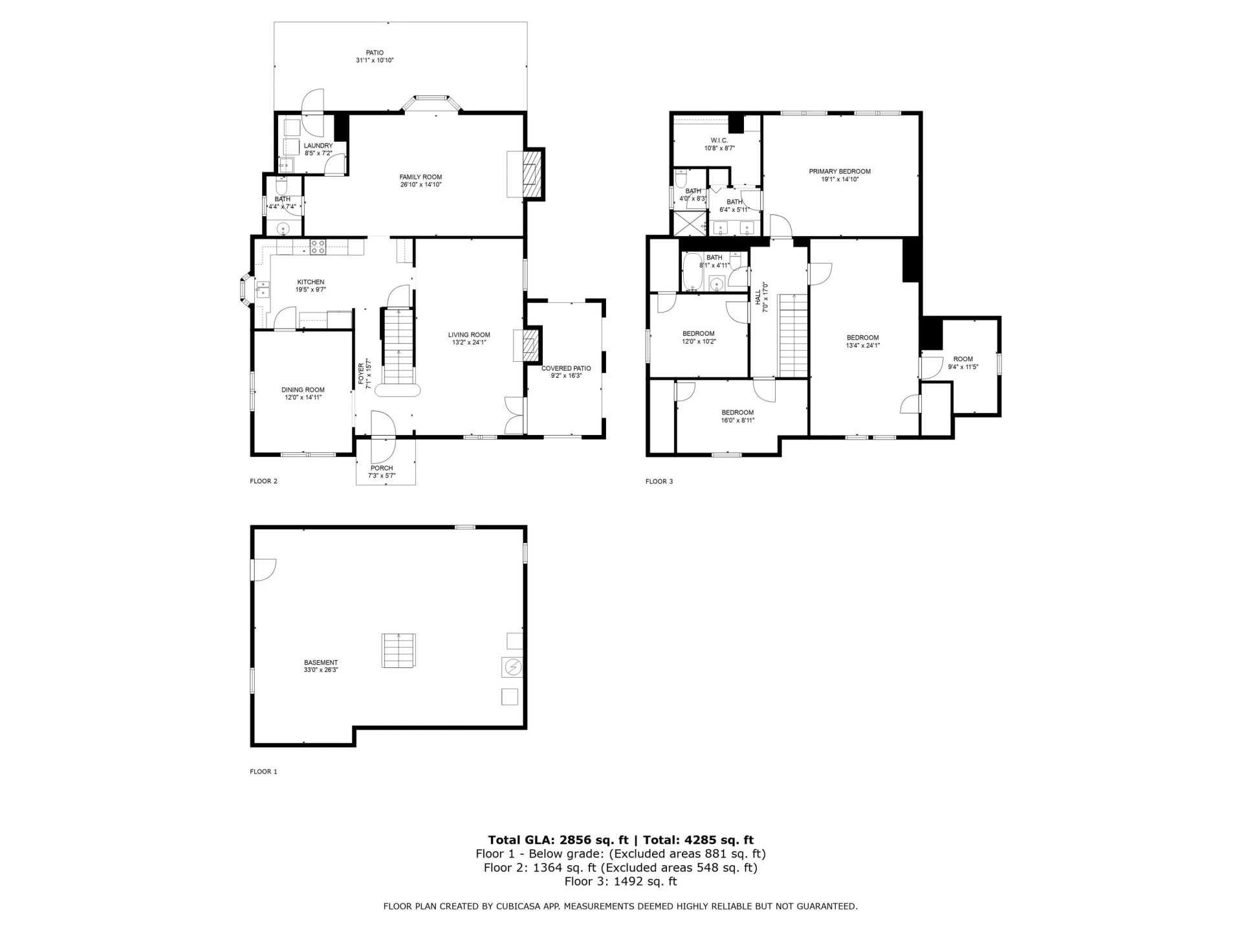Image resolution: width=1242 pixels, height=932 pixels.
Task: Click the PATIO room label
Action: point(375,53)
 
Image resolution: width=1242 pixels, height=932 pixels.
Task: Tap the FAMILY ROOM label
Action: point(420,177)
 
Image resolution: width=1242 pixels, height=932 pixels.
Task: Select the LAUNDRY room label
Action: point(318,146)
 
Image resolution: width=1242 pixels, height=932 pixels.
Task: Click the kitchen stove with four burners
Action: point(318,247)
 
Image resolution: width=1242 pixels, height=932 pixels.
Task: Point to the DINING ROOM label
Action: point(303,390)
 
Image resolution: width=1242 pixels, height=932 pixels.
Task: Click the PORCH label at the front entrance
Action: point(382,468)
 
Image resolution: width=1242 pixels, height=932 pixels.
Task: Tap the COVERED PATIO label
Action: point(566,368)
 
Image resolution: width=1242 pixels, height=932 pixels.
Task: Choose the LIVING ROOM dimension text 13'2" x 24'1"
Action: point(469,343)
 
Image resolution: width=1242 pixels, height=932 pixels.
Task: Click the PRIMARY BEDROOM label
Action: point(840,172)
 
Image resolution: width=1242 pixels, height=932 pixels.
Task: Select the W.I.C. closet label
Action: point(719,140)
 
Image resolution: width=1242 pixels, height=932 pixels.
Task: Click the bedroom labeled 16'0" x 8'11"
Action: point(737,413)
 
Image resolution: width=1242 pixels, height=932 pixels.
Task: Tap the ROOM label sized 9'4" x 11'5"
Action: point(963,359)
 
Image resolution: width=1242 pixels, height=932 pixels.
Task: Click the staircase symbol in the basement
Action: point(398,651)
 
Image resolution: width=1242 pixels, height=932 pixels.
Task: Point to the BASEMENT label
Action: point(321,663)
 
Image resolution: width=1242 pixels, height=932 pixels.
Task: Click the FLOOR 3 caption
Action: point(659,482)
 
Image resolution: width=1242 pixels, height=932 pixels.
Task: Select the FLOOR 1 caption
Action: point(263,771)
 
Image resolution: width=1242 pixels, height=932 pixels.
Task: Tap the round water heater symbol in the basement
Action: point(512,667)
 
